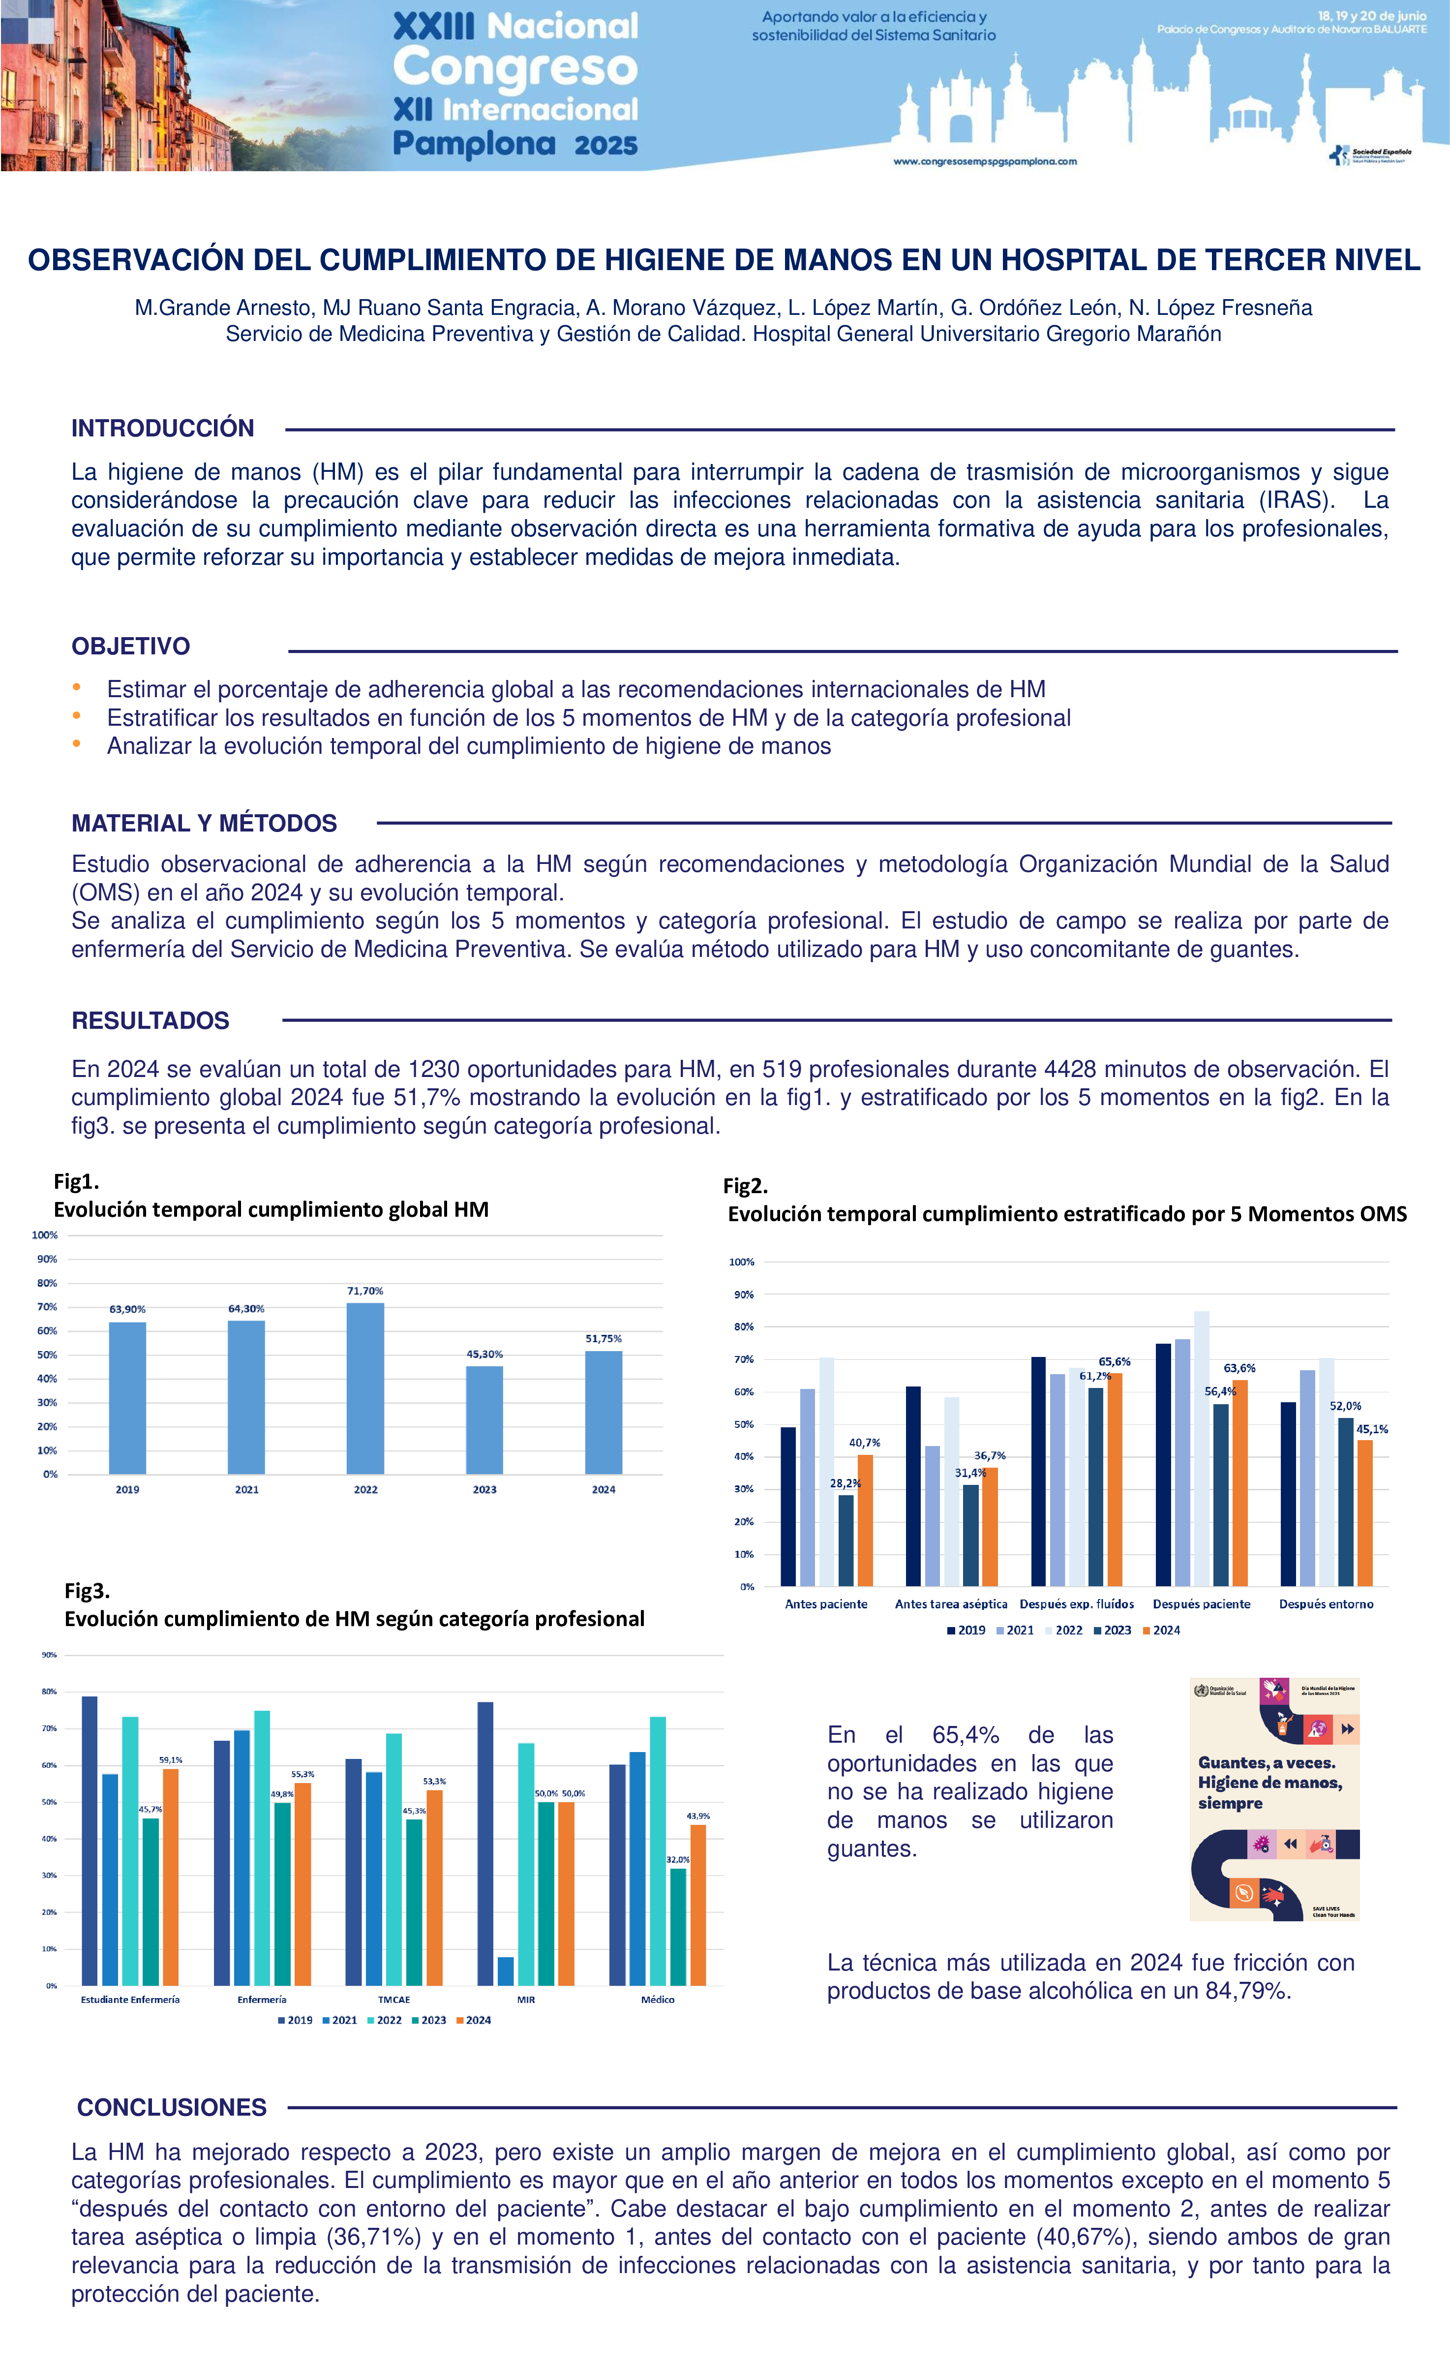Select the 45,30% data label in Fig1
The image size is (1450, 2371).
pos(484,1354)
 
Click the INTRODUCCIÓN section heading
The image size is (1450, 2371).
pos(163,428)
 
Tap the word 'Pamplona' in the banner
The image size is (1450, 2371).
pos(474,144)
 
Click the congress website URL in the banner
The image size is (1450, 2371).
pos(984,162)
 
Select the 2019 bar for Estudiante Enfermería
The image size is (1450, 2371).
pos(90,1840)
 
